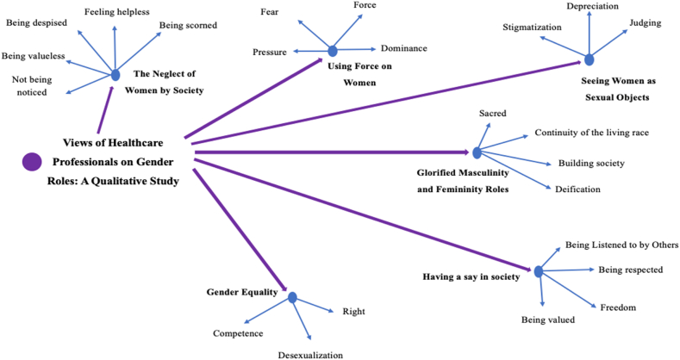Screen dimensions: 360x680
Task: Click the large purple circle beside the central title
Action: click(33, 160)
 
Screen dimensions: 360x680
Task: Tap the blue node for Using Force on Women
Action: click(333, 51)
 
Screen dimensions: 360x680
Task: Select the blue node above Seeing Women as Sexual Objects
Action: click(589, 60)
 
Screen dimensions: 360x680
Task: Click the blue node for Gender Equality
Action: click(292, 297)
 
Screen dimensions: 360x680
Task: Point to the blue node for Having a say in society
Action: click(539, 271)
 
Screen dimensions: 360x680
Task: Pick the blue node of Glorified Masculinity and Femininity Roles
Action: click(477, 152)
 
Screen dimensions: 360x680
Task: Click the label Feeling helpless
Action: click(116, 11)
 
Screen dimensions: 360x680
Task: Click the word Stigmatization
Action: click(533, 28)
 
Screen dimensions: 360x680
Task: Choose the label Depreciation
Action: click(592, 7)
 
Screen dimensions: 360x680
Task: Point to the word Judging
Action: click(646, 22)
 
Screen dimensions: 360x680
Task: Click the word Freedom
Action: click(618, 307)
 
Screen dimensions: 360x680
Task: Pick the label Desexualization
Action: click(309, 354)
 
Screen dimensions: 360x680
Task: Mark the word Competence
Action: click(238, 332)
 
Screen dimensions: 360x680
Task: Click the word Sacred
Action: click(492, 114)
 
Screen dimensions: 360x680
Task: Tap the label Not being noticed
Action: click(30, 86)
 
